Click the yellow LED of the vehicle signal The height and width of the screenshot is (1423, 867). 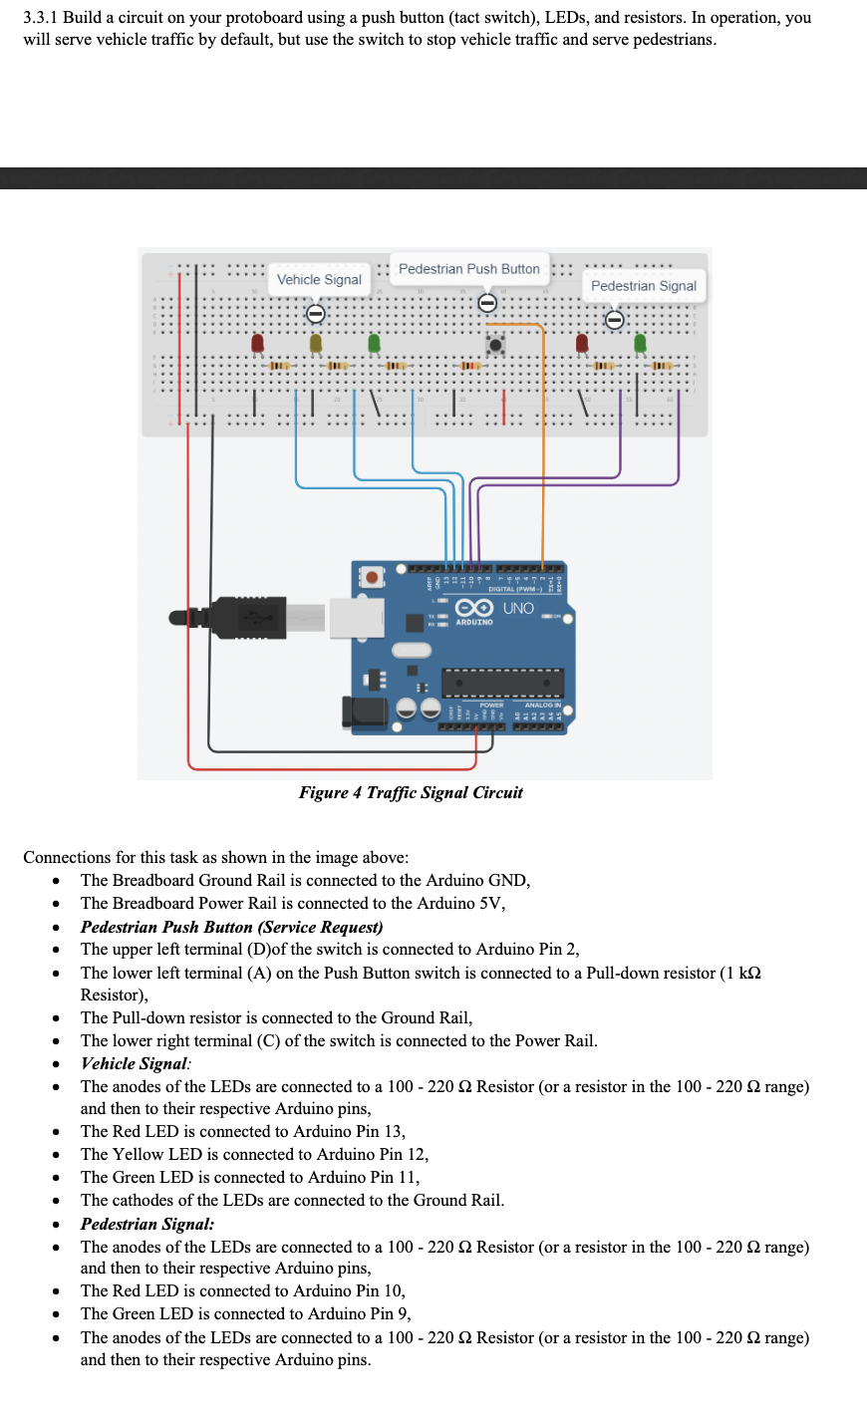(x=316, y=343)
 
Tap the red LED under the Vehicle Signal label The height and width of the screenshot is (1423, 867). (x=258, y=343)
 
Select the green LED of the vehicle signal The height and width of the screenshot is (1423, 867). (x=374, y=343)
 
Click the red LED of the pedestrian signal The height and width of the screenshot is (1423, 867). (x=582, y=343)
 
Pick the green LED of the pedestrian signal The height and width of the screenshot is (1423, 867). (x=640, y=343)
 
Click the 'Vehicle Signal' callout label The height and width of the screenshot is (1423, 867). (x=319, y=280)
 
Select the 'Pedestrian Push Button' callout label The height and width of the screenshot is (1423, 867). (x=468, y=269)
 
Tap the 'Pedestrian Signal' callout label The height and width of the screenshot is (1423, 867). (x=643, y=286)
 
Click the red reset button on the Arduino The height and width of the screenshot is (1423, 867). (x=372, y=577)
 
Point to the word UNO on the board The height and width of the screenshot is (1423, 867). (x=518, y=608)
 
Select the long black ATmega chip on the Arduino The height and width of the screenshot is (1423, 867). (x=502, y=684)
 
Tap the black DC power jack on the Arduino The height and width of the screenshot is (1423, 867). (x=364, y=711)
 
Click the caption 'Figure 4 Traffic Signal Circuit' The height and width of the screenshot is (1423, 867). (x=411, y=793)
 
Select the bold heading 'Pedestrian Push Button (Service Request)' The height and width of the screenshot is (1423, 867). (x=231, y=927)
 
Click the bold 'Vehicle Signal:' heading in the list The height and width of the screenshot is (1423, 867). (x=136, y=1063)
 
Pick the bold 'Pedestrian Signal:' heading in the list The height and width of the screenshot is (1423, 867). (x=146, y=1224)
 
